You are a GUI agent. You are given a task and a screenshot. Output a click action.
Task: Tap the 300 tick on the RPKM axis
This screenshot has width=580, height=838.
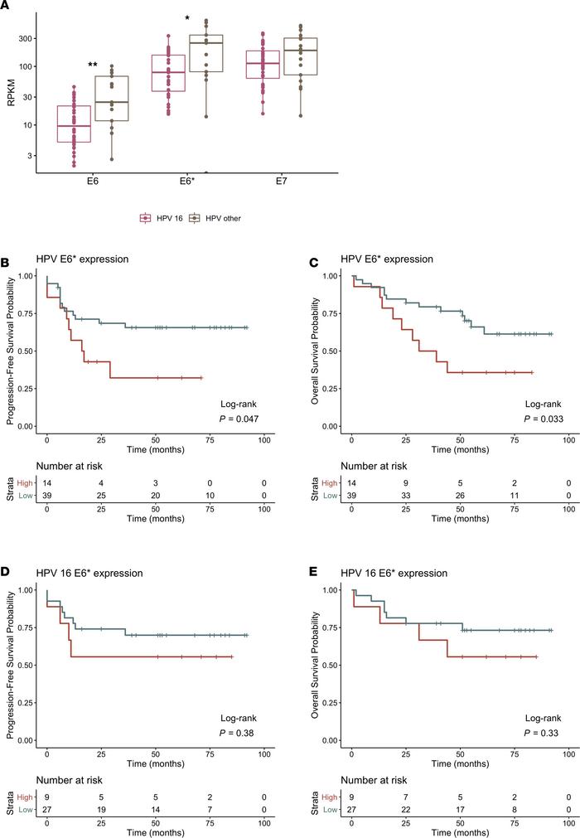[27, 38]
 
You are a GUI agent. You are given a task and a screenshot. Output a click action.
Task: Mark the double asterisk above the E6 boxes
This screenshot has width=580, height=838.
[94, 65]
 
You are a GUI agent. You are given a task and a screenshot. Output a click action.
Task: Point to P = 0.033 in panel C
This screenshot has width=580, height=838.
[544, 419]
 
